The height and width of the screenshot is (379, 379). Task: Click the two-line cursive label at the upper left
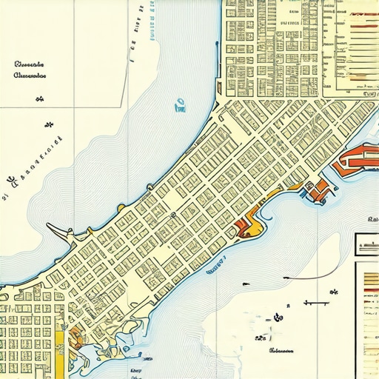point(30,69)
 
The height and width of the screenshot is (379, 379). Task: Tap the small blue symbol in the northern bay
point(178,107)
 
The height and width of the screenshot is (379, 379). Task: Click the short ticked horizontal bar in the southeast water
point(315,303)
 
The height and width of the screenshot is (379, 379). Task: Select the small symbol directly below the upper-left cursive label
point(49,125)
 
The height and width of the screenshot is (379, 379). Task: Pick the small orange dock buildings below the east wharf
point(318,190)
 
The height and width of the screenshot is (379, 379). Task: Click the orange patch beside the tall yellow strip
point(76,339)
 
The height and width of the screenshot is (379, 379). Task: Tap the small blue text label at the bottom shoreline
point(136,369)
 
